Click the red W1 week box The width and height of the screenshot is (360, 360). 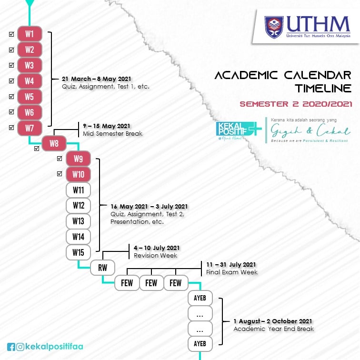click(x=30, y=34)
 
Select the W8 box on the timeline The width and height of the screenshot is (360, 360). click(x=54, y=143)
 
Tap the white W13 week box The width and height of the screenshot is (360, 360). click(x=78, y=221)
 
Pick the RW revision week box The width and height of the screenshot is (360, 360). click(x=103, y=268)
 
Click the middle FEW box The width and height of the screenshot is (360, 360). click(x=151, y=283)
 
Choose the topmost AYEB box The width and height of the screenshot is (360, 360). click(x=200, y=298)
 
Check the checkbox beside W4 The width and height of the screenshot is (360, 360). click(x=11, y=81)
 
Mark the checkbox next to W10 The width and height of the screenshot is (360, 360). click(x=60, y=174)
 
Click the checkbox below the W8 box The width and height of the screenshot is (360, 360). click(x=37, y=149)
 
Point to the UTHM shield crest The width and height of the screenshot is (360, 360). click(x=274, y=27)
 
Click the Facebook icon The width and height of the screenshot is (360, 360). click(x=11, y=347)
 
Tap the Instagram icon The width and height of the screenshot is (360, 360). click(x=20, y=347)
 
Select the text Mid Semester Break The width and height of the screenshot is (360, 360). click(x=112, y=134)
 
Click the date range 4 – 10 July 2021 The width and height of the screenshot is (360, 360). click(x=157, y=248)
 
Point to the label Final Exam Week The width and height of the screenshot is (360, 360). click(x=232, y=272)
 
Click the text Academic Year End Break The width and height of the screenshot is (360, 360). click(x=274, y=329)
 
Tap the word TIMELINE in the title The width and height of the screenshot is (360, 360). click(x=323, y=89)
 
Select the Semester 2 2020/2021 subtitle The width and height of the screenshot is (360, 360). click(x=296, y=104)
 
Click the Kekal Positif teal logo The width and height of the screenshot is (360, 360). click(x=239, y=130)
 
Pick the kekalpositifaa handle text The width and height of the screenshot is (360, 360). click(x=54, y=347)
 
